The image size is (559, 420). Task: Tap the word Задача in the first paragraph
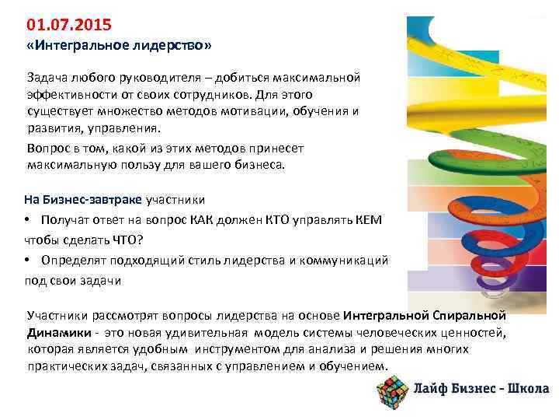(x=47, y=79)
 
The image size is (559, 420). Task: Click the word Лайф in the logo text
(x=432, y=390)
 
